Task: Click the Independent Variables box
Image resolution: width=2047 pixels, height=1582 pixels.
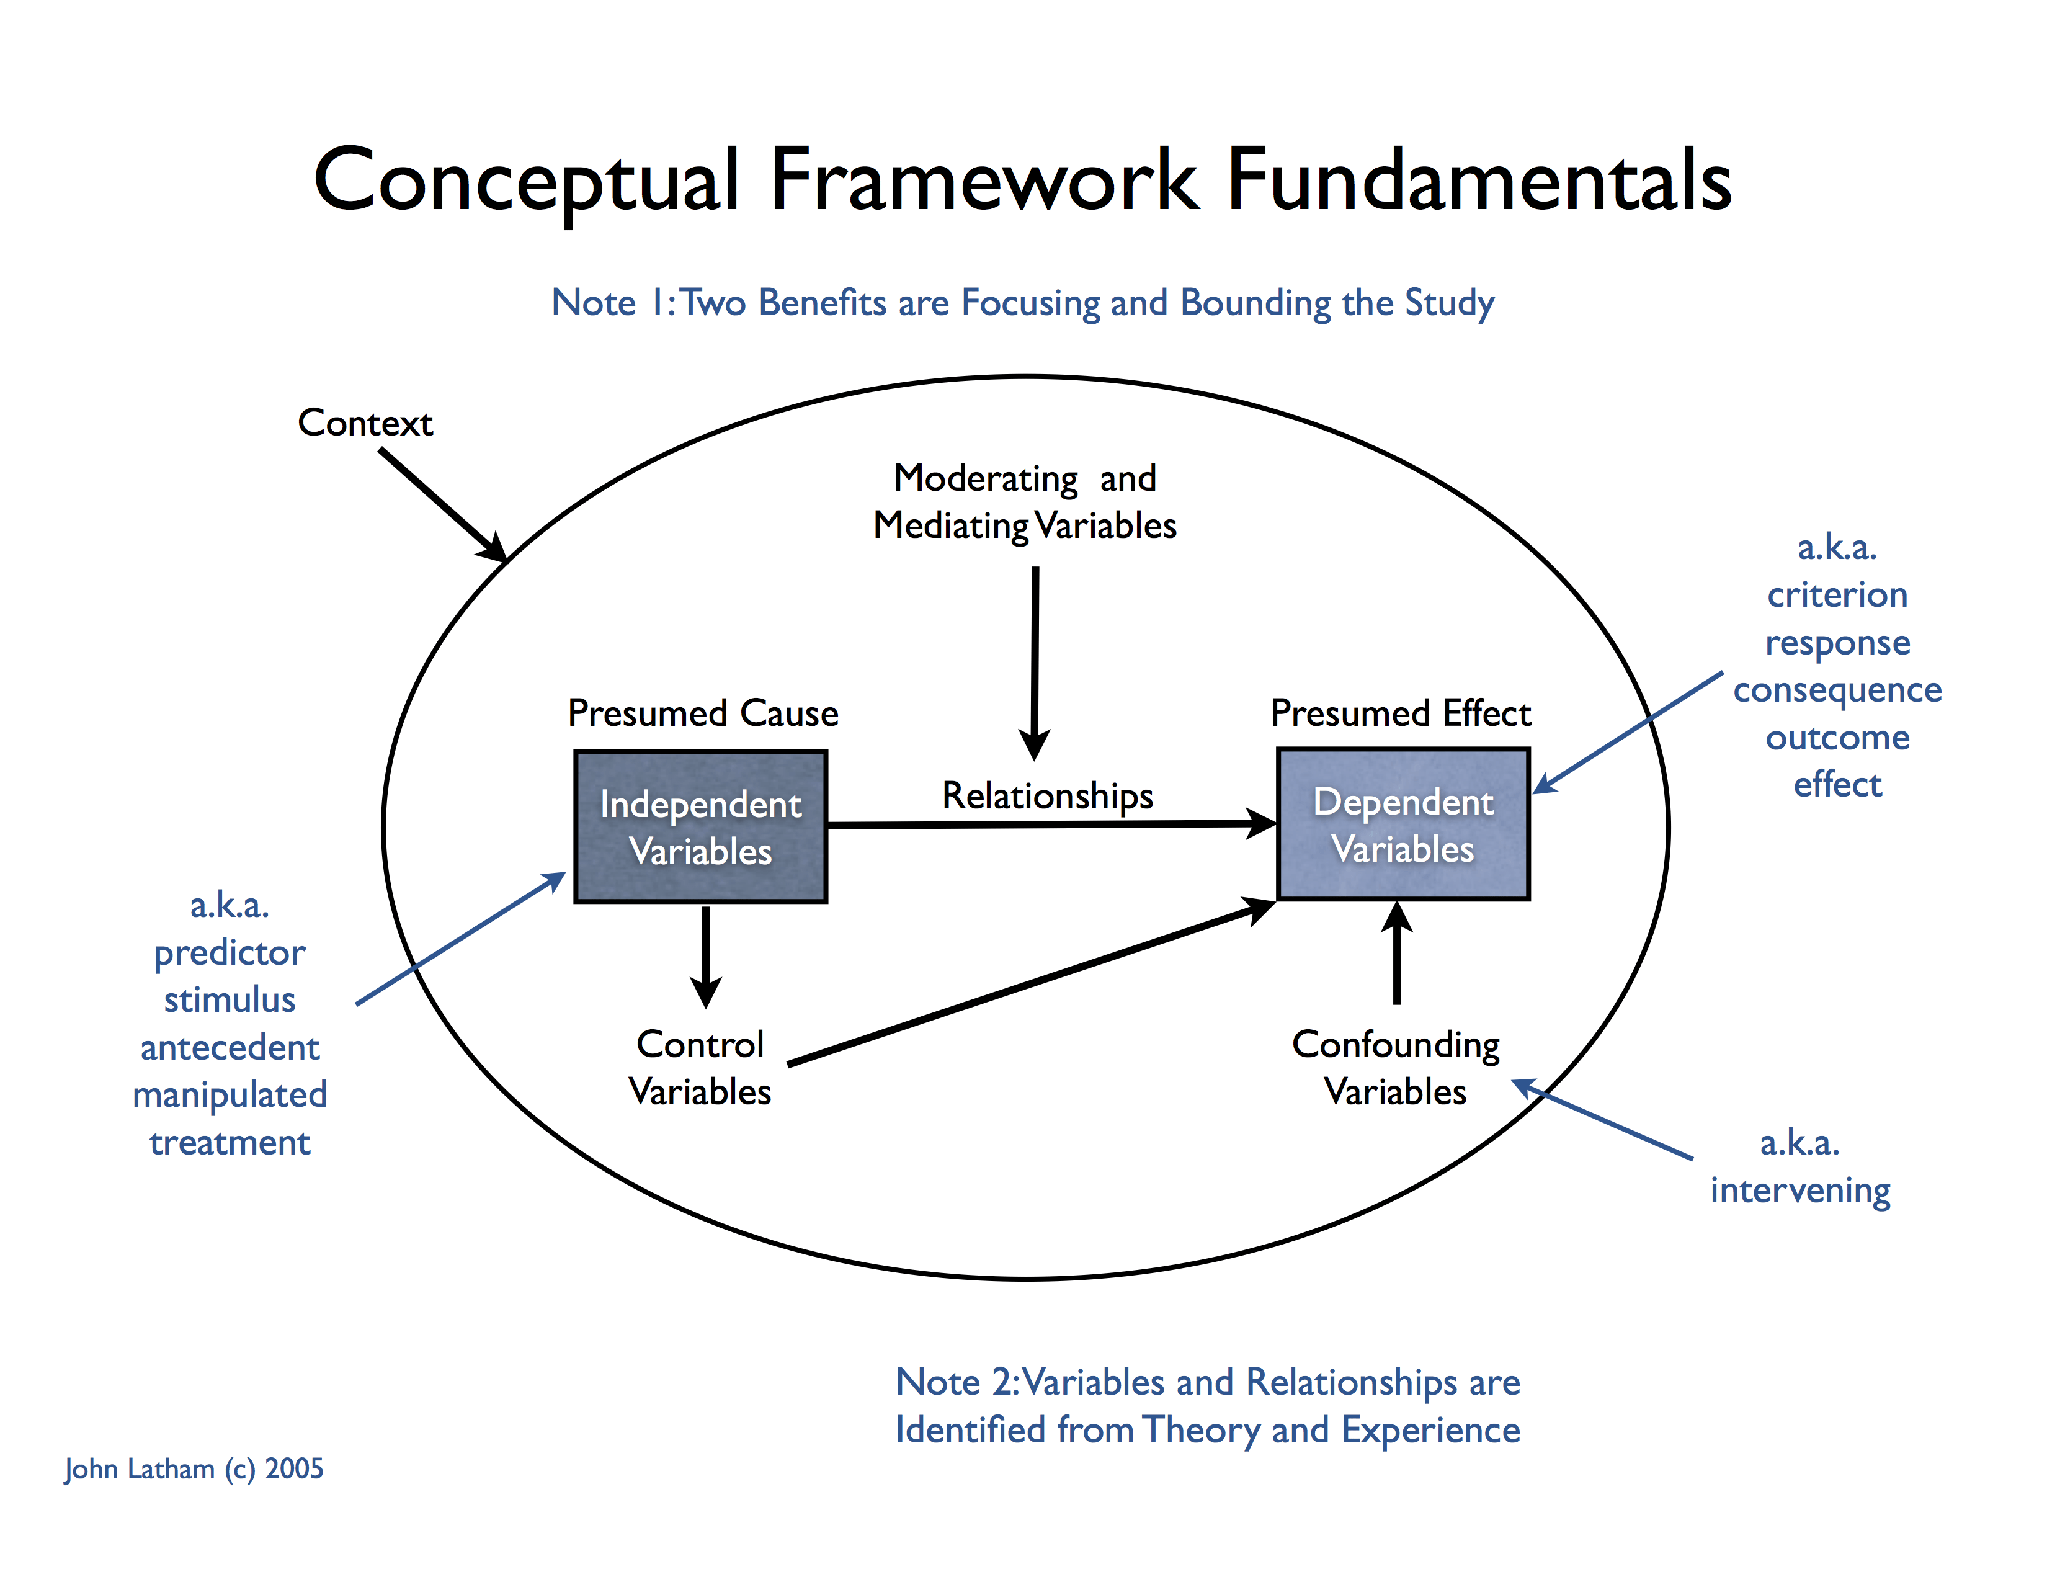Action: click(700, 826)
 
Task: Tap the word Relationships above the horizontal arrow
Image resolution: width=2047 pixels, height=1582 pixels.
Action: click(1047, 796)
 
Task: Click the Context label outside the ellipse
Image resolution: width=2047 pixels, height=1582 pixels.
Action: click(365, 422)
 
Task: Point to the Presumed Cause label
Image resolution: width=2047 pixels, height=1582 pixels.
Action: click(702, 713)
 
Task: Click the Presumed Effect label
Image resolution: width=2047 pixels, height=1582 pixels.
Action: click(1400, 713)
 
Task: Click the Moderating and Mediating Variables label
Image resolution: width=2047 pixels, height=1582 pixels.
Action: click(1025, 501)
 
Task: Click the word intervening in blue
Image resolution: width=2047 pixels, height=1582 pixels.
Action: click(1799, 1191)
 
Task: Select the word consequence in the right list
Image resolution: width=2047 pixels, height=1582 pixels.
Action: click(1837, 690)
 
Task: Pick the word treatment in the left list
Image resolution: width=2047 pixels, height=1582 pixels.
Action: click(230, 1142)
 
